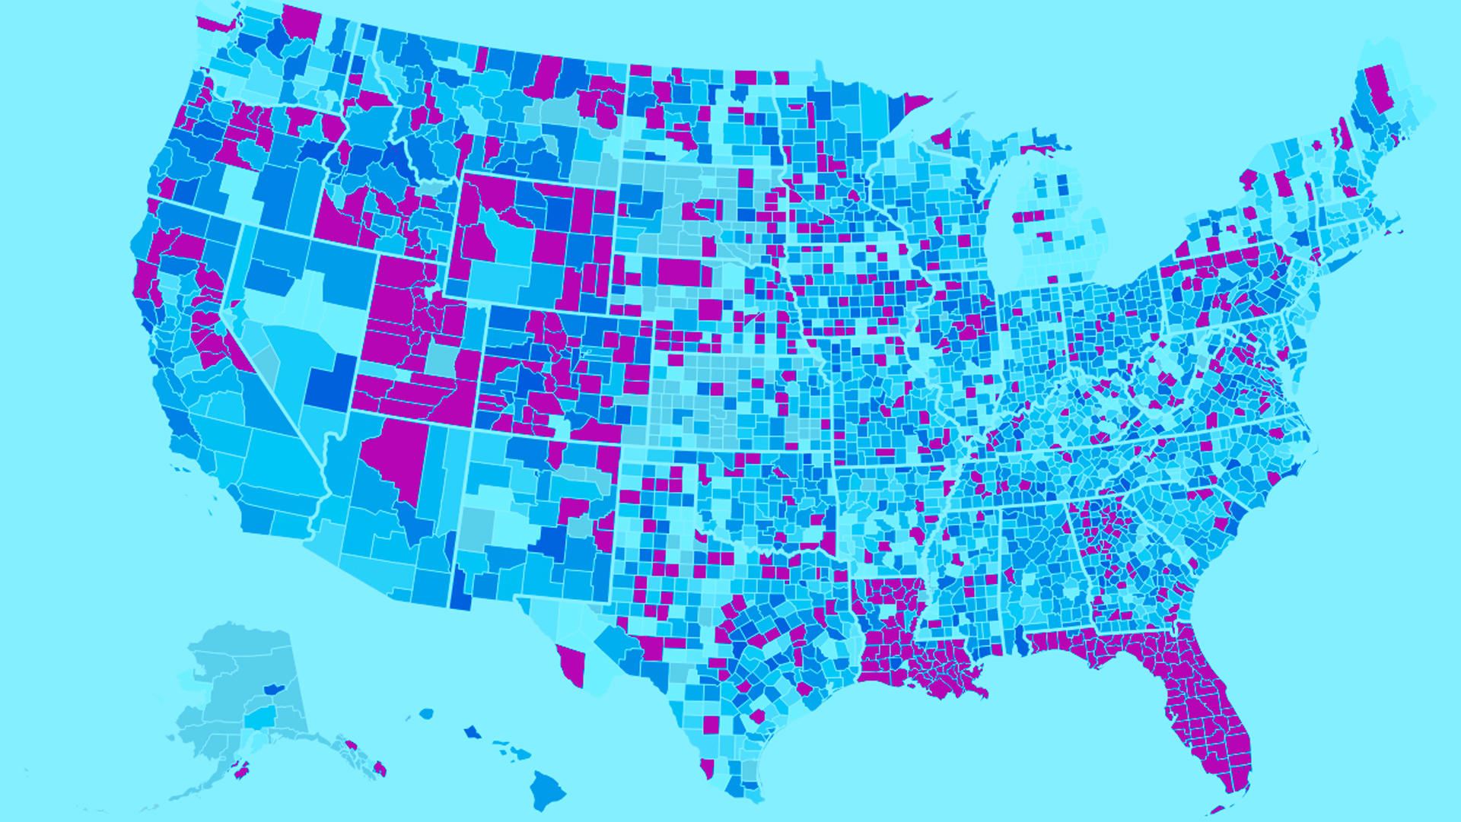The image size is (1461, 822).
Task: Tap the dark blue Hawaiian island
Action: (x=473, y=732)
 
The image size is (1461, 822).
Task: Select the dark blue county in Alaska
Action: (x=273, y=690)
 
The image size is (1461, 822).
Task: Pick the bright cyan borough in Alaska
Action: (x=262, y=716)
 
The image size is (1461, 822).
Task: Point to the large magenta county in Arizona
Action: (x=396, y=456)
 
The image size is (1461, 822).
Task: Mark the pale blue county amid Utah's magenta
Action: (x=441, y=359)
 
